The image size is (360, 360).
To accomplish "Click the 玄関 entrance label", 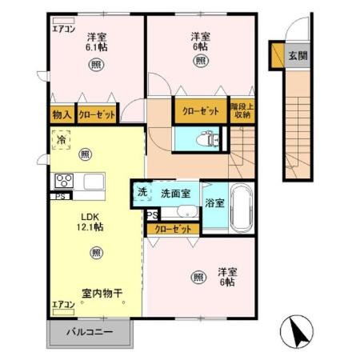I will point(298,57).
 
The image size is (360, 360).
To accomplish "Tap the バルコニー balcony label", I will point(90,331).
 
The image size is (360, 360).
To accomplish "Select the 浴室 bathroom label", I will point(214,203).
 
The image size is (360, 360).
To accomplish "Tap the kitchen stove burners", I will point(65,179).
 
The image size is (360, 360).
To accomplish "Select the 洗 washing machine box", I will point(142,192).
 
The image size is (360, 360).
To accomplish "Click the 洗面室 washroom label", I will point(174,193).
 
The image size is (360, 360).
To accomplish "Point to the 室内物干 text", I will point(102,294).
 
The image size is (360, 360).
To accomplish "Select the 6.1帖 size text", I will point(98,47).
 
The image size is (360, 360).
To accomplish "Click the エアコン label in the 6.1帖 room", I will point(63,29).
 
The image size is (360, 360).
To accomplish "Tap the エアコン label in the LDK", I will point(63,305).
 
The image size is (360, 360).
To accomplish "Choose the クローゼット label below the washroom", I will point(173,230).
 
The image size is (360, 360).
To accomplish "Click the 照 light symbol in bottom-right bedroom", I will point(198,277).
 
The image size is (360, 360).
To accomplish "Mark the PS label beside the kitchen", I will point(60,196).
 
